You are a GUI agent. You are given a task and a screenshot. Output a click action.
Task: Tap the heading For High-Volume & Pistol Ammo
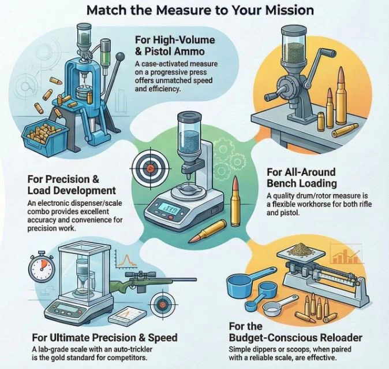coord(175,46)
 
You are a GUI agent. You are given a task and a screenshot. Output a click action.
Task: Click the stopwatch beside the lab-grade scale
coord(42,267)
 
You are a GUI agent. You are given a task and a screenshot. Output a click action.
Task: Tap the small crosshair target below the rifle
coord(162,304)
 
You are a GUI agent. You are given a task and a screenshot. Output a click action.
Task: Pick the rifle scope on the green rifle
coord(140,275)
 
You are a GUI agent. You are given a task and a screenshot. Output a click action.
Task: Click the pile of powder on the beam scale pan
coord(301,249)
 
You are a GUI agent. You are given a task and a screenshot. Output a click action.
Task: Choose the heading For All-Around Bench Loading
coord(301,178)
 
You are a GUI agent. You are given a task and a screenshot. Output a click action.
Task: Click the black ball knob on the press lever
coord(121,57)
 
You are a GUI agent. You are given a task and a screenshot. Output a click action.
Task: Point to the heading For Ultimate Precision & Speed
coord(104,338)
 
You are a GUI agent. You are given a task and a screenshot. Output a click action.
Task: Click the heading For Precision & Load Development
coord(72,185)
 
